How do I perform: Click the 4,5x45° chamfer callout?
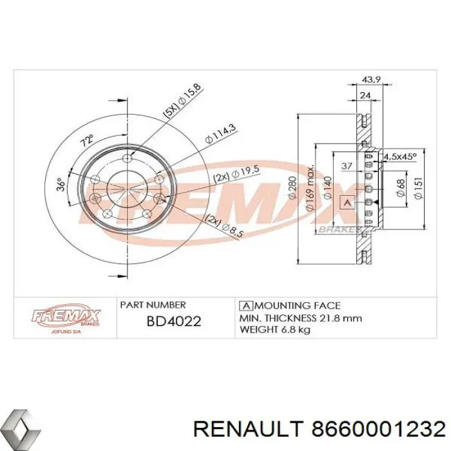click(x=400, y=156)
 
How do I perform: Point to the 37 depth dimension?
click(x=345, y=167)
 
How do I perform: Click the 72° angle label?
click(x=86, y=139)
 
